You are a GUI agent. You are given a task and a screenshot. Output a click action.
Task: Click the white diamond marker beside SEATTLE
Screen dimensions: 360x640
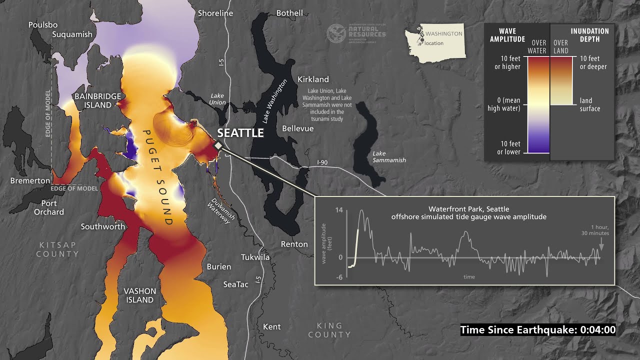pyautogui.click(x=218, y=145)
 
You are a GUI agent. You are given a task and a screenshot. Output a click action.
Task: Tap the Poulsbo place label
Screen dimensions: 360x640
pyautogui.click(x=43, y=24)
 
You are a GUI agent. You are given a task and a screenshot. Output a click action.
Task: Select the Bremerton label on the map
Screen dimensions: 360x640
pyautogui.click(x=30, y=180)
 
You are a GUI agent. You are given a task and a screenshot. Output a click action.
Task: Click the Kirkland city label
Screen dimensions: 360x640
pyautogui.click(x=313, y=79)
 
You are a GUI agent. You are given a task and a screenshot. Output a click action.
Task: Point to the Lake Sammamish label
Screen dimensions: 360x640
pyautogui.click(x=389, y=156)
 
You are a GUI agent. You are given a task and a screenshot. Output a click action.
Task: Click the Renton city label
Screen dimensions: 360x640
pyautogui.click(x=294, y=244)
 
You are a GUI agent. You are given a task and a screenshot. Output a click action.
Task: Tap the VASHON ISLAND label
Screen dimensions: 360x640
pyautogui.click(x=139, y=295)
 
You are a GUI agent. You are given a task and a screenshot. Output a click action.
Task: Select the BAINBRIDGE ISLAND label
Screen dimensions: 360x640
pyautogui.click(x=97, y=100)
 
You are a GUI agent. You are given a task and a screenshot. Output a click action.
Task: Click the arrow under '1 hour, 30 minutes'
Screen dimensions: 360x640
pyautogui.click(x=601, y=246)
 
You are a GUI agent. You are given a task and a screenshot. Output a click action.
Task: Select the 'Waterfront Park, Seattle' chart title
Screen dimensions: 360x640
pyautogui.click(x=468, y=209)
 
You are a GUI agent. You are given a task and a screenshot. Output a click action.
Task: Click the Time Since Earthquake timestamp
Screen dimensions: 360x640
pyautogui.click(x=538, y=330)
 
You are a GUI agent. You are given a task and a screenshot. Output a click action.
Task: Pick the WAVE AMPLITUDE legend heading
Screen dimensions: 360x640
pyautogui.click(x=507, y=35)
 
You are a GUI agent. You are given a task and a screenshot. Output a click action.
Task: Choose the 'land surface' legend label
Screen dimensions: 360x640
pyautogui.click(x=590, y=104)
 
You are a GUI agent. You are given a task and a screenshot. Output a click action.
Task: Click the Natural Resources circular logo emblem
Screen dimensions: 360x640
pyautogui.click(x=335, y=33)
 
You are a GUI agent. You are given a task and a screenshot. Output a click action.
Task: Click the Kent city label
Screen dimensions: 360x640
pyautogui.click(x=271, y=326)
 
